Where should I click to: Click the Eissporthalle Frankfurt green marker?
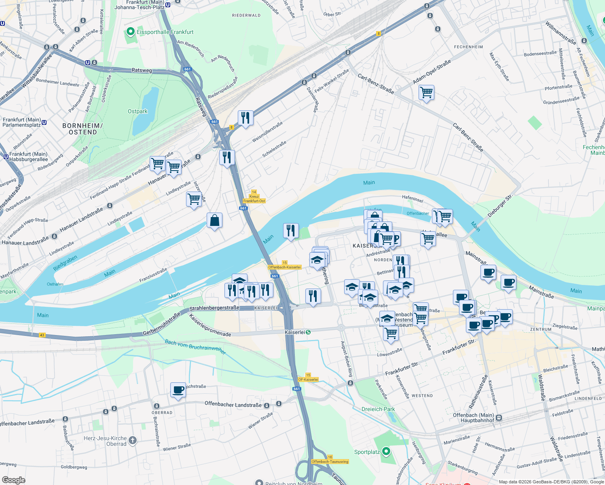tap(130, 32)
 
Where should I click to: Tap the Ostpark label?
tap(137, 111)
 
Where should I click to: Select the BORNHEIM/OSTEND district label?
tap(82, 129)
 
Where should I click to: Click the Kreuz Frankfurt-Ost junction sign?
tap(254, 197)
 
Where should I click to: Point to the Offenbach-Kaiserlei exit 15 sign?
tap(285, 265)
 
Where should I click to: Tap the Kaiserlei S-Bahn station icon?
tap(308, 332)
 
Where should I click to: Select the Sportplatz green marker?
tap(386, 451)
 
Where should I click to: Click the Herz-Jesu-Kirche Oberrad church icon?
tap(133, 441)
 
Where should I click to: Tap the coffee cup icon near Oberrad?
tap(178, 390)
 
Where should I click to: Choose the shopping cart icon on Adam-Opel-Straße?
tap(426, 93)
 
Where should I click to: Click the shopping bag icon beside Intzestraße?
tap(214, 221)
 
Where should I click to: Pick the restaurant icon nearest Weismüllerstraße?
tap(245, 118)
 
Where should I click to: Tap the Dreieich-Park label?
tap(378, 409)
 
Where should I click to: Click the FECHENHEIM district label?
tap(468, 47)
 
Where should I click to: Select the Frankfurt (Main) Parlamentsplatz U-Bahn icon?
tap(44, 122)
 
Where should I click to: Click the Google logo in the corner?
tap(14, 480)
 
